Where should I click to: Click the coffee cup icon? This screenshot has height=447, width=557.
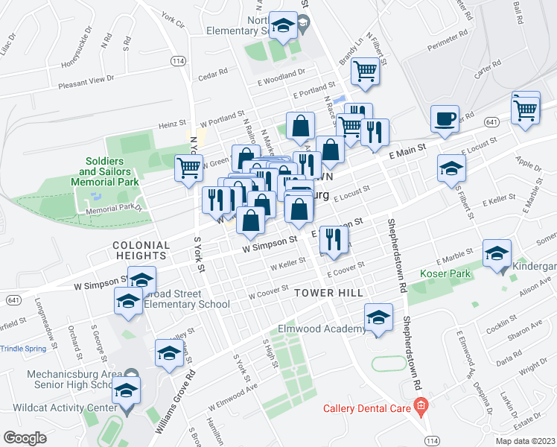point(445,120)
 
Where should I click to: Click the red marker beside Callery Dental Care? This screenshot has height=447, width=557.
point(421,407)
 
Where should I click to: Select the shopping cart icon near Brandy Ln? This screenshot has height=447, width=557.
point(365,72)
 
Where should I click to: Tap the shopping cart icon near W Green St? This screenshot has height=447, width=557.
point(188,168)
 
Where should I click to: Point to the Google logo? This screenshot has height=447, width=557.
point(25,438)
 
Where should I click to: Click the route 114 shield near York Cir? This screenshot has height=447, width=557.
point(177,60)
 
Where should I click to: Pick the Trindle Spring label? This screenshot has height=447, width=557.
point(23,348)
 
